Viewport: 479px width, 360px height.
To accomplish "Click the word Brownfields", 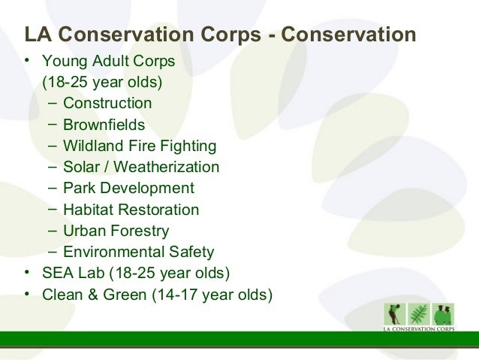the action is pyautogui.click(x=104, y=125).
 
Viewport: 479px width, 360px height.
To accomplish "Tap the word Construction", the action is pyautogui.click(x=107, y=103).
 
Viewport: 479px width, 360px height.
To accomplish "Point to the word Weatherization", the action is pyautogui.click(x=166, y=167).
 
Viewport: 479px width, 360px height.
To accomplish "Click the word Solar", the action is pyautogui.click(x=81, y=167).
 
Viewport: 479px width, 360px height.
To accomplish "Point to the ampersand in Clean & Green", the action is pyautogui.click(x=94, y=295).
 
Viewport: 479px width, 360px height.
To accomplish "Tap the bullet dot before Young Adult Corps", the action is pyautogui.click(x=27, y=60).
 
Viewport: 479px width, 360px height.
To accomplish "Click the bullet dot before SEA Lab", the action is pyautogui.click(x=27, y=272).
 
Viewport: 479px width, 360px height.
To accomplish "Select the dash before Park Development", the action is pyautogui.click(x=53, y=187).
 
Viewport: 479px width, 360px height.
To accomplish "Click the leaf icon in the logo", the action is pyautogui.click(x=419, y=314).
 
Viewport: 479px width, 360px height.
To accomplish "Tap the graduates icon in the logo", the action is pyautogui.click(x=443, y=314).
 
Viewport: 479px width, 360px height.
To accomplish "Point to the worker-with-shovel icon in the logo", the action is pyautogui.click(x=395, y=314).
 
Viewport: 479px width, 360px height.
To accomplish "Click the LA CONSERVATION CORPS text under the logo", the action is pyautogui.click(x=419, y=329).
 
